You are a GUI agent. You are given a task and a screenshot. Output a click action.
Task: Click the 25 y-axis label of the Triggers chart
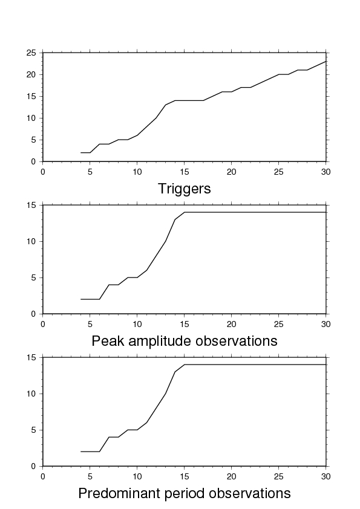tap(31, 53)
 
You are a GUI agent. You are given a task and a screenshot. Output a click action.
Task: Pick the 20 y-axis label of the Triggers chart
tap(31, 75)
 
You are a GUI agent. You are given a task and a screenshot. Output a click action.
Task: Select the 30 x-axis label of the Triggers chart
tap(326, 172)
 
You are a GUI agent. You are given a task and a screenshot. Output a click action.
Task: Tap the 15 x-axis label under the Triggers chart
tap(184, 172)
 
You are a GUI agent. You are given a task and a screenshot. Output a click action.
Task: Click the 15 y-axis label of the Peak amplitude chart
tap(31, 205)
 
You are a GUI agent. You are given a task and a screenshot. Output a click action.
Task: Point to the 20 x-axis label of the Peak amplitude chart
tap(231, 324)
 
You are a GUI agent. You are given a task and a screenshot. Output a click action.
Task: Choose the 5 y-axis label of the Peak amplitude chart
tap(33, 278)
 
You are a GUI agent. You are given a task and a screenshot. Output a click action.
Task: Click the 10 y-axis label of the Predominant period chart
tap(31, 394)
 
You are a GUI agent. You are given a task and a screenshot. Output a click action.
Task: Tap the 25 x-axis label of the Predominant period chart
tap(278, 476)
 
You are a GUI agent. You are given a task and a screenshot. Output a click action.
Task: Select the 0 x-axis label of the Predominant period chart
tap(43, 476)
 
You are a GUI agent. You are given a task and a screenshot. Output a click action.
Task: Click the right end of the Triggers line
tap(326, 61)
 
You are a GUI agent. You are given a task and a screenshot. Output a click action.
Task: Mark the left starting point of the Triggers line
tap(80, 152)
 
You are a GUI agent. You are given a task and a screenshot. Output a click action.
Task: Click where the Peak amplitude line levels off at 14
tap(184, 212)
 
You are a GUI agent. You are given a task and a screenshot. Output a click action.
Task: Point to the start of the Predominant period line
tap(80, 452)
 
